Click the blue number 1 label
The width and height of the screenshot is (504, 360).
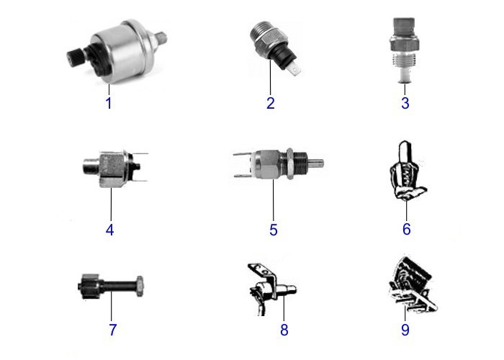click(x=109, y=103)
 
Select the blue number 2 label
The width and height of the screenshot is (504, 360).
click(x=271, y=103)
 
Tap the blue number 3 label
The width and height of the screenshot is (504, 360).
click(x=405, y=103)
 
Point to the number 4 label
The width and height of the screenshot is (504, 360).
click(x=109, y=230)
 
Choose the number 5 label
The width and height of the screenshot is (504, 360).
click(x=273, y=230)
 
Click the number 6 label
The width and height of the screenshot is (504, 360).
click(x=407, y=229)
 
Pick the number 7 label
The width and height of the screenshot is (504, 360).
click(x=112, y=330)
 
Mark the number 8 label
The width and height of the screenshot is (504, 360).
click(x=284, y=330)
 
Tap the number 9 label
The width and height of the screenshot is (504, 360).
click(x=405, y=330)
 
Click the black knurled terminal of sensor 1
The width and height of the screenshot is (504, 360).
click(x=75, y=57)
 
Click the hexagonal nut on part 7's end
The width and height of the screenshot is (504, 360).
click(x=140, y=286)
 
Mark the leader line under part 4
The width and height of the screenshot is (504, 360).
click(x=111, y=204)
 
